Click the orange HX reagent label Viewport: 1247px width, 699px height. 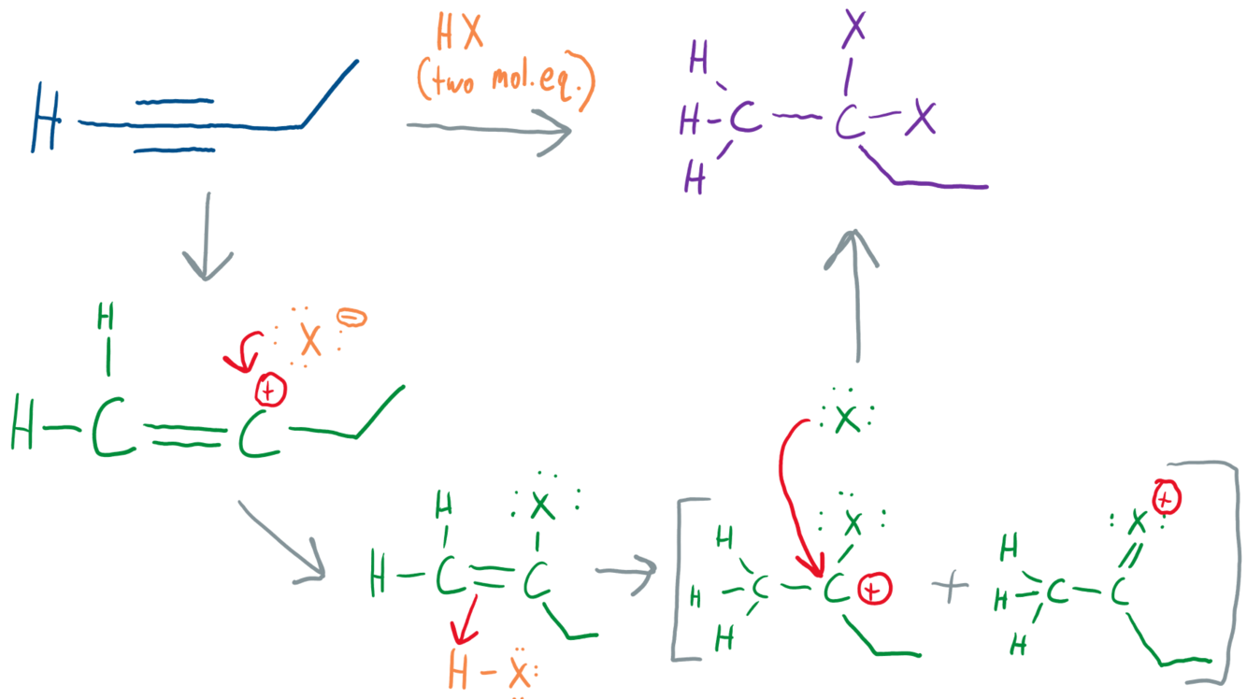[460, 35]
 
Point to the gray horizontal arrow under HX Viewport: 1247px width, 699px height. [487, 128]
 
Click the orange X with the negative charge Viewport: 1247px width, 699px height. [309, 340]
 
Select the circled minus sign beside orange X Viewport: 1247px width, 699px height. [353, 319]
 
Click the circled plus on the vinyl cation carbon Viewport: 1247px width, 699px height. [269, 391]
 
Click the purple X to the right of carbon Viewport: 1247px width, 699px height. [923, 119]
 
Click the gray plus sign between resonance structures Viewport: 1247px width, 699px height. [950, 588]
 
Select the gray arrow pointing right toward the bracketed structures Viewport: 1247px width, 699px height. [624, 572]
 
